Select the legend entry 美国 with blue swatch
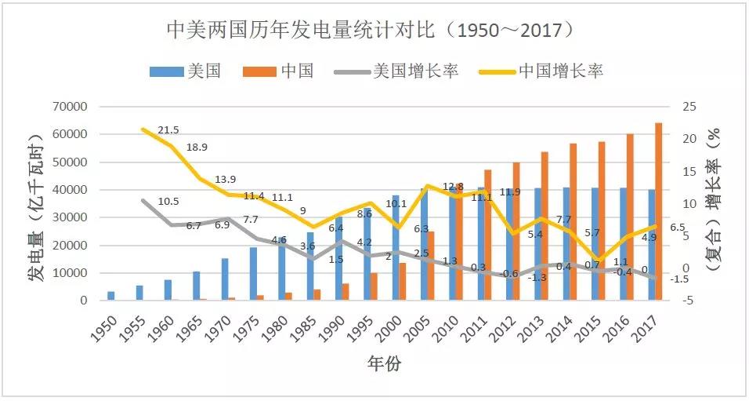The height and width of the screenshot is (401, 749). click(185, 71)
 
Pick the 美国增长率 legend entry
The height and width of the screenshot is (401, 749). click(396, 71)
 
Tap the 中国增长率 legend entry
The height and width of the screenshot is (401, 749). click(560, 71)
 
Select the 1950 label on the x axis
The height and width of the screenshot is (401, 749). click(107, 326)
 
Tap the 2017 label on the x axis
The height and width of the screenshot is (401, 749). click(648, 326)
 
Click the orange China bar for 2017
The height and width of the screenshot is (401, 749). click(659, 212)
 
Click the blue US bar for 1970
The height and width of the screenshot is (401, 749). click(225, 279)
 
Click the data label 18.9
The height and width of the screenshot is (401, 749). click(197, 148)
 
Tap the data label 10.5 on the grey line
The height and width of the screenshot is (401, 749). click(169, 202)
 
